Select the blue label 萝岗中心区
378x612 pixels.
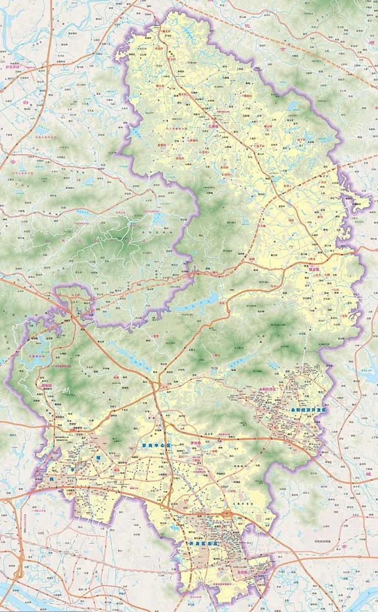coord(156,445)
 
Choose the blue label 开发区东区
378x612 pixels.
coord(203,544)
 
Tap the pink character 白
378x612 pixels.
coord(25,102)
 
